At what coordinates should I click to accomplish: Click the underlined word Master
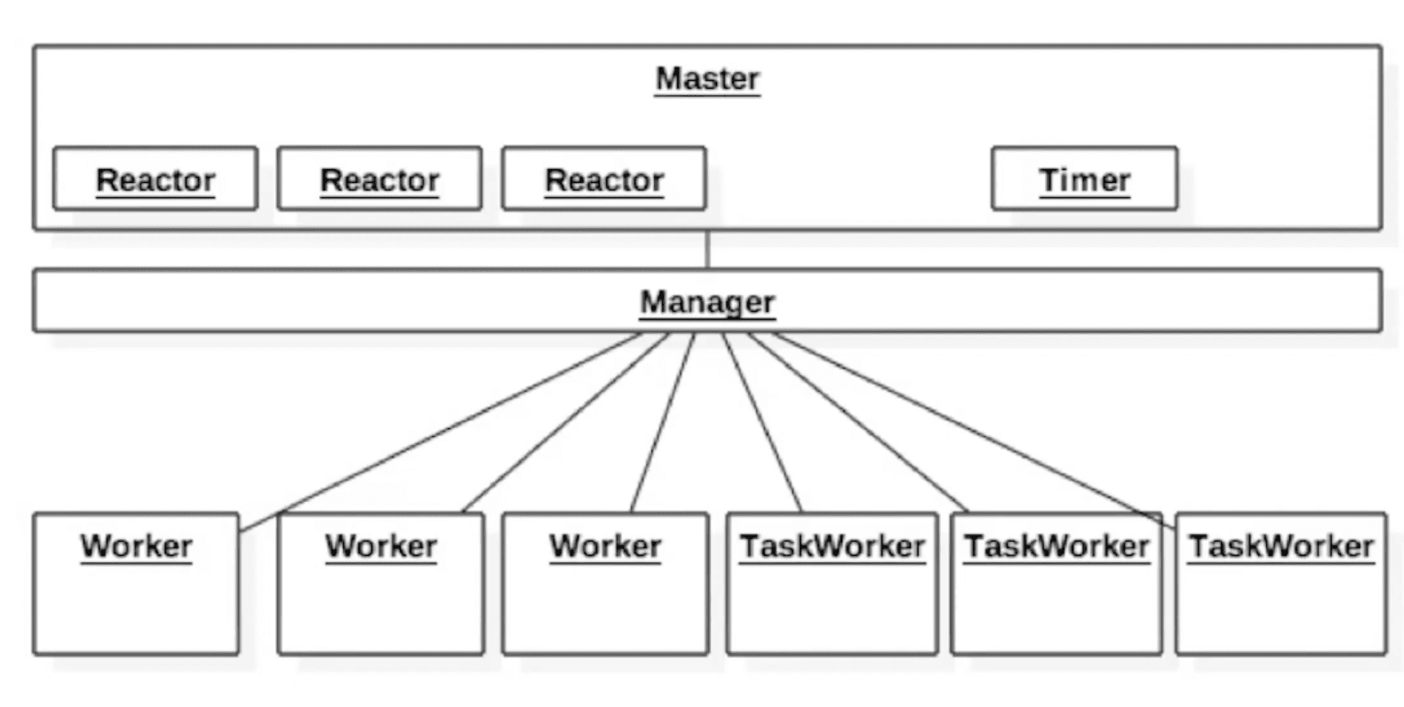[x=707, y=79]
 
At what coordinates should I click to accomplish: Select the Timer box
[x=1084, y=179]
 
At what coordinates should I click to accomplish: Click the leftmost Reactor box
[x=156, y=179]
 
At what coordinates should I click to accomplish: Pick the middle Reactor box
[x=379, y=179]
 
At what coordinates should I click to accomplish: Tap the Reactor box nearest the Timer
[x=604, y=179]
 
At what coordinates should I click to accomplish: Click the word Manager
[x=707, y=303]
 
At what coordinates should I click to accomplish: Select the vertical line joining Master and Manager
[x=707, y=250]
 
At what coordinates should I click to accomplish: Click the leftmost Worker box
[x=136, y=584]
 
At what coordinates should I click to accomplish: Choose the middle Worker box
[x=380, y=584]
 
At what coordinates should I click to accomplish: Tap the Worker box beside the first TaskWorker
[x=605, y=584]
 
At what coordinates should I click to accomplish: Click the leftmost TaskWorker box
[x=833, y=584]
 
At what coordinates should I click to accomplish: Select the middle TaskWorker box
[x=1057, y=584]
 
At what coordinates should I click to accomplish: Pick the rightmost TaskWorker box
[x=1281, y=584]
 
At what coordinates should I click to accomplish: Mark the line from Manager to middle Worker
[x=565, y=423]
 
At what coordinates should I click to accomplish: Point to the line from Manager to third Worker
[x=663, y=423]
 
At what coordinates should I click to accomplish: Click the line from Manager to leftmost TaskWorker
[x=762, y=423]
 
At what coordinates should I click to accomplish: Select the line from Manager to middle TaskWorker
[x=858, y=423]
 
